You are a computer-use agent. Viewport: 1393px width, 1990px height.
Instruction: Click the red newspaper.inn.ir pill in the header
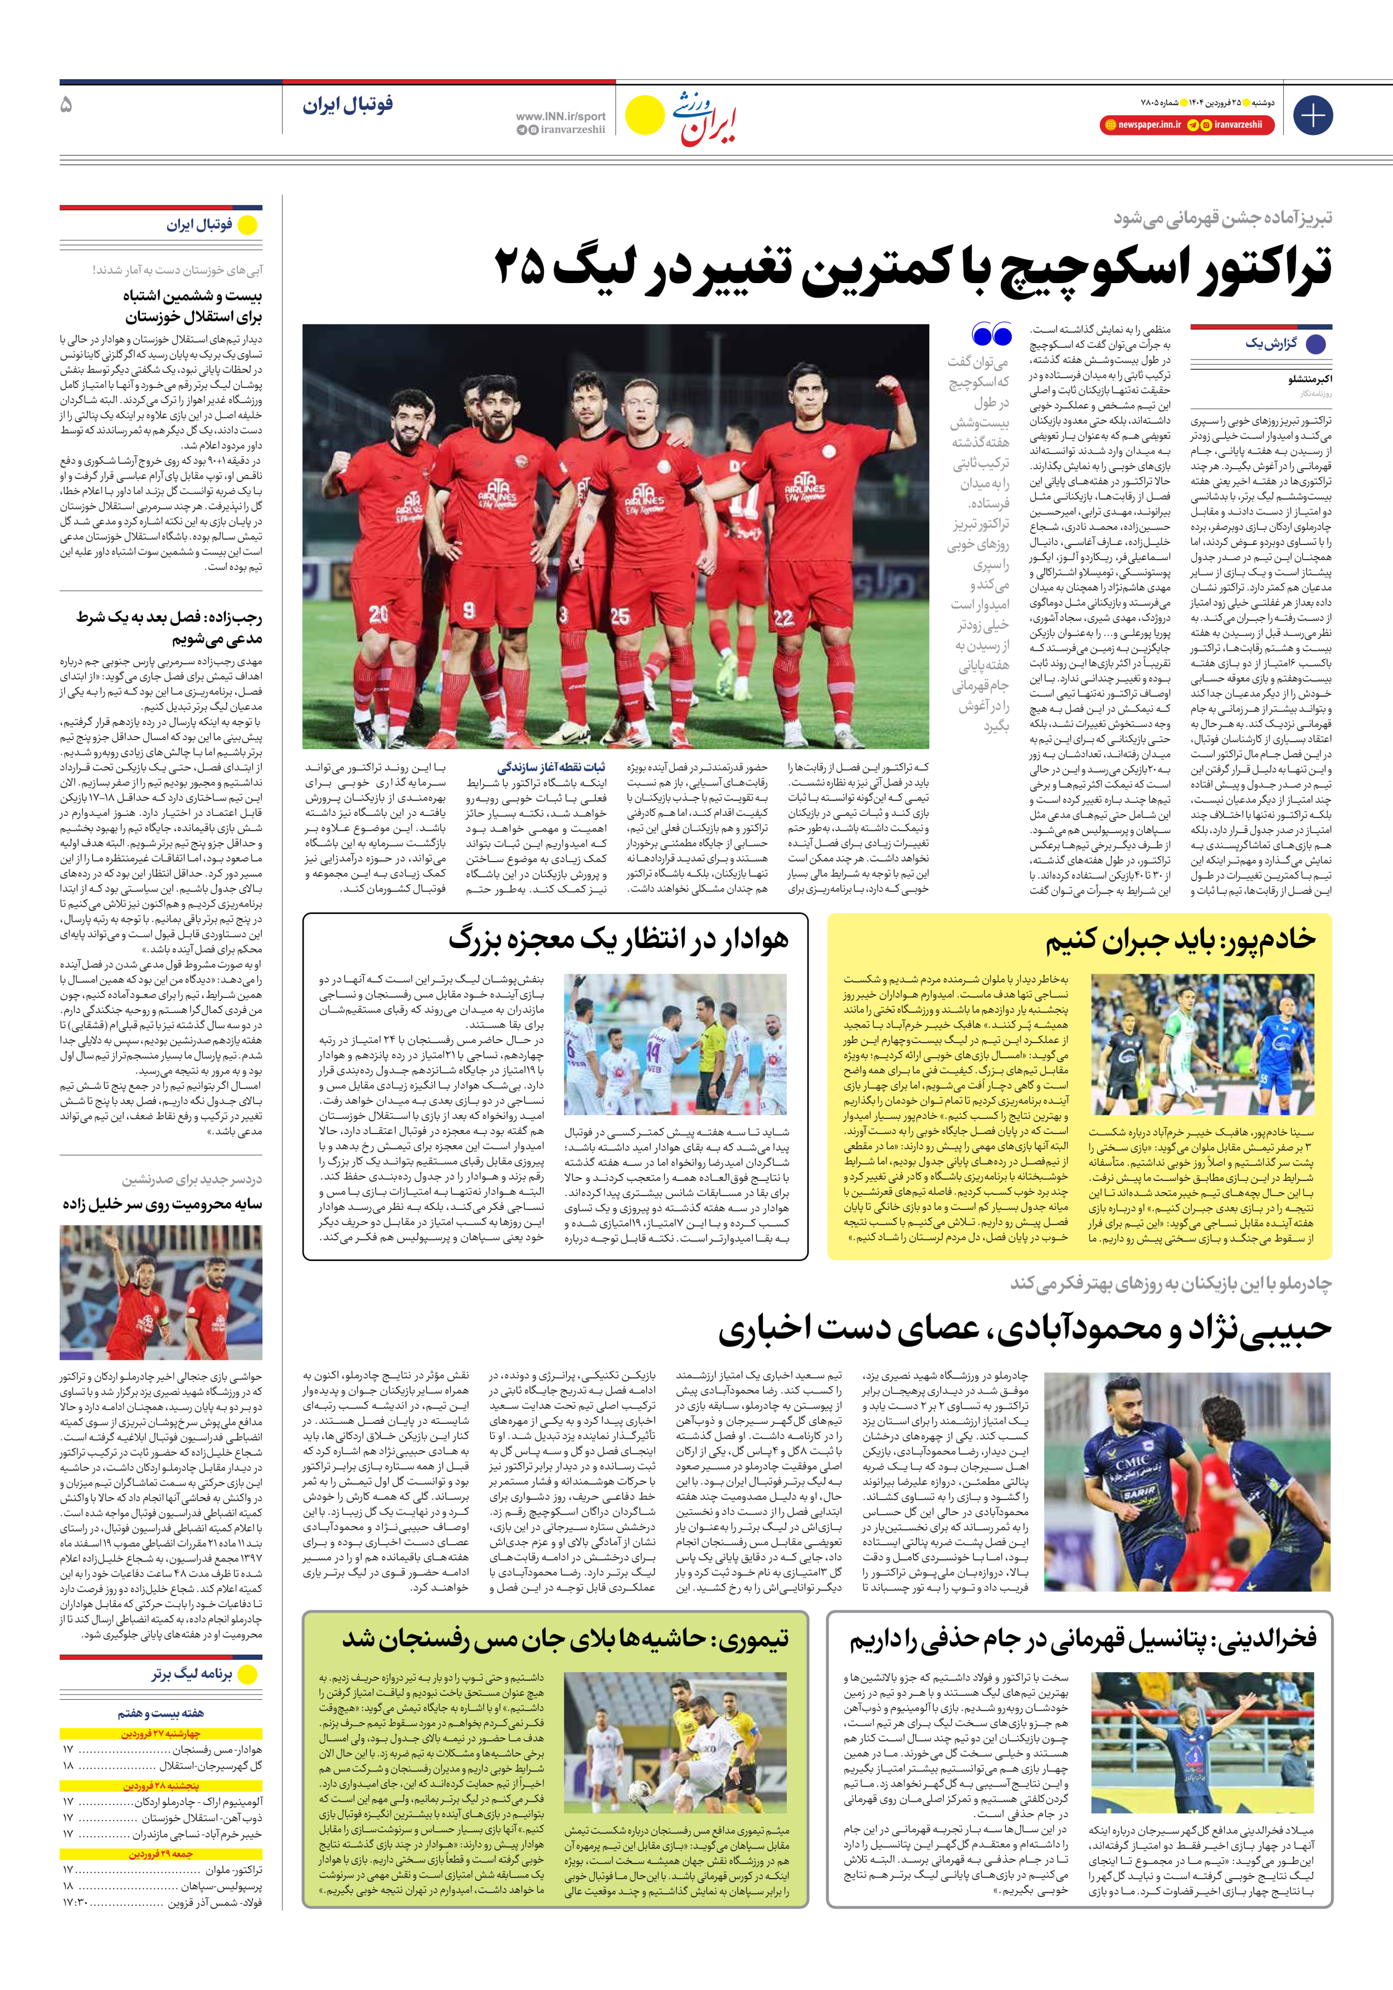pyautogui.click(x=1142, y=125)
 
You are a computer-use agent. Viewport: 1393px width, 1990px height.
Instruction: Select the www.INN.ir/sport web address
pyautogui.click(x=560, y=116)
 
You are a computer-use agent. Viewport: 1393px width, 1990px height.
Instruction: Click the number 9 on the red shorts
pyautogui.click(x=469, y=609)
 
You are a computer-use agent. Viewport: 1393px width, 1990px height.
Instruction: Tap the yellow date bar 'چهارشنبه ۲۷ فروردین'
pyautogui.click(x=161, y=1734)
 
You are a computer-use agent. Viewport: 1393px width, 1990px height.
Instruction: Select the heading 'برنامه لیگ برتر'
pyautogui.click(x=192, y=1675)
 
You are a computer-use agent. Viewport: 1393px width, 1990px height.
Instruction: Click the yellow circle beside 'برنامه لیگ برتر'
pyautogui.click(x=248, y=1675)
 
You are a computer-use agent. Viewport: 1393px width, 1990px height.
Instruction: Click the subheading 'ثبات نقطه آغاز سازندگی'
pyautogui.click(x=551, y=767)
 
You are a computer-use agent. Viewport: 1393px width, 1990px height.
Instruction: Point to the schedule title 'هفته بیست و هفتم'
pyautogui.click(x=160, y=1712)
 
